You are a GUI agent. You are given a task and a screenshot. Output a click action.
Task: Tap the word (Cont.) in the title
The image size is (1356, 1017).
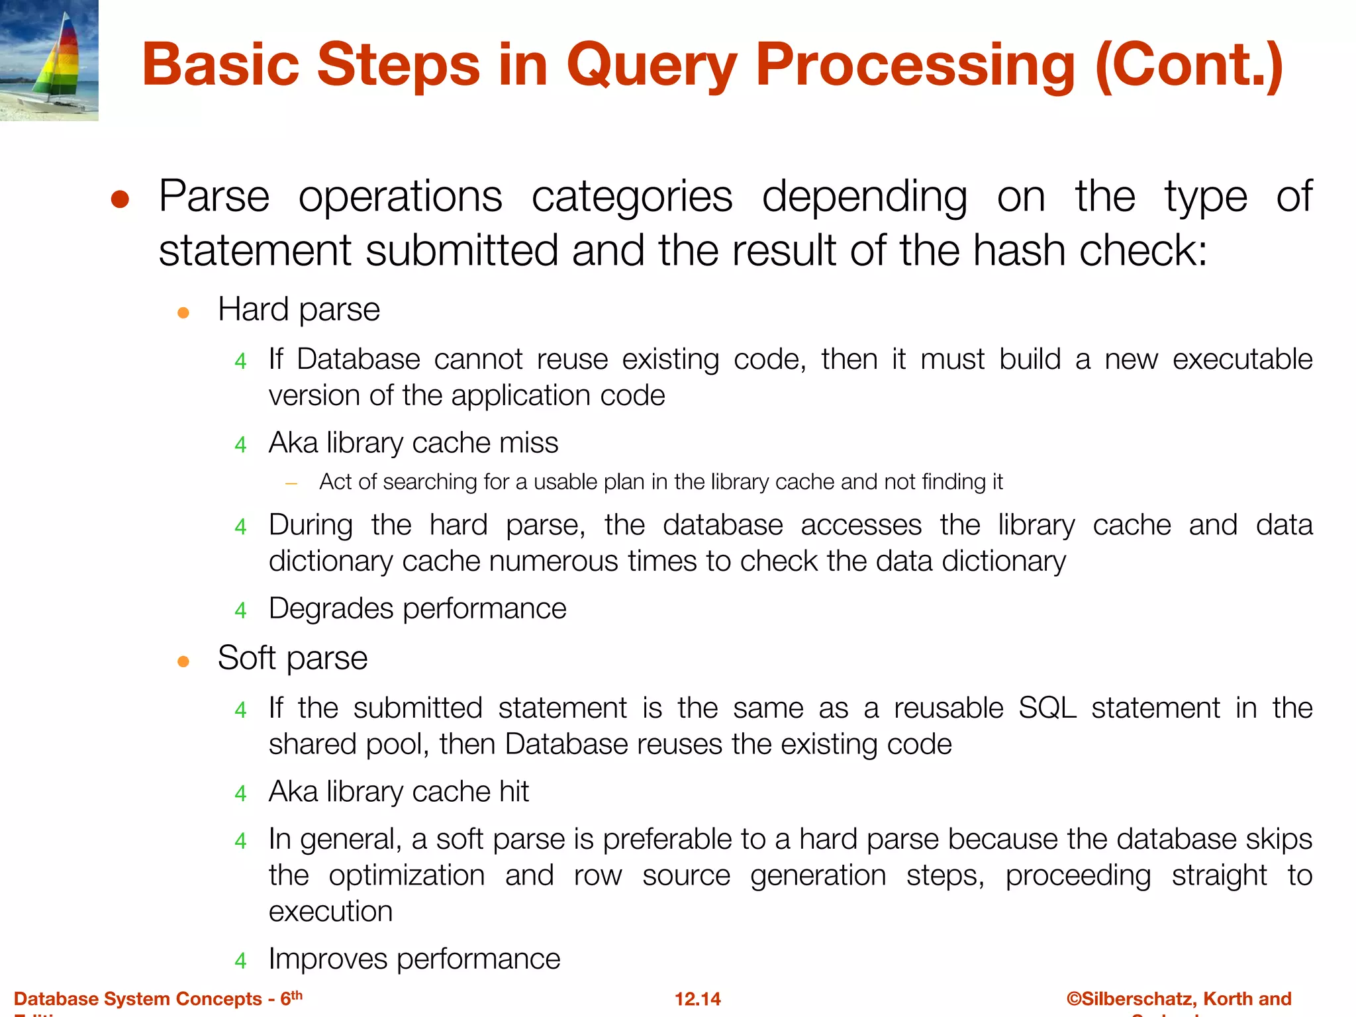pos(1189,66)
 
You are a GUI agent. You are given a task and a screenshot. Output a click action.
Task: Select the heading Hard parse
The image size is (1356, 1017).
pos(299,310)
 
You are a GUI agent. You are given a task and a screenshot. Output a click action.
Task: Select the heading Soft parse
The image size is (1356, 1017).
pos(292,658)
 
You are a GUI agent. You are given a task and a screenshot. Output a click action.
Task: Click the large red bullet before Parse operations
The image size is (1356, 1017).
pos(120,199)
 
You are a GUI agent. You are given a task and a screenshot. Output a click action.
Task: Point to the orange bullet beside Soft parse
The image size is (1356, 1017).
pos(183,661)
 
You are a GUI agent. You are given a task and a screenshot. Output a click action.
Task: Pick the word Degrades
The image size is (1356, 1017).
pos(331,608)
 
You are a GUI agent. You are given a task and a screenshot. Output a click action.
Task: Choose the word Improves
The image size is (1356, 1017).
pos(328,959)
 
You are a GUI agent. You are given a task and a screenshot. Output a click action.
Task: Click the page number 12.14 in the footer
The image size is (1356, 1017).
pos(697,998)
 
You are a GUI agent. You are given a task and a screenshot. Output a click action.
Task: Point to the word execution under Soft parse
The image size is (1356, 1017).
pos(330,912)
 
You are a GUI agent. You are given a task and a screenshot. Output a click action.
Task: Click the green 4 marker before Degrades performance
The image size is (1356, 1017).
pos(240,610)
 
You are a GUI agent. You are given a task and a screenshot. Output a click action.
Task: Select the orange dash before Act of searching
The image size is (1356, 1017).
pos(291,483)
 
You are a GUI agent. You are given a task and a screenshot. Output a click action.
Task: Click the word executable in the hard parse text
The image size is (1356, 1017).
pos(1242,360)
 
